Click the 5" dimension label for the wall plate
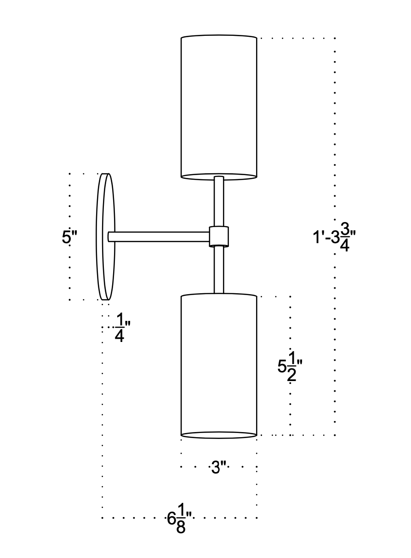69,238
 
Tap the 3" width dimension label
219,468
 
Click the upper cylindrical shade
218,106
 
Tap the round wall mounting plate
105,237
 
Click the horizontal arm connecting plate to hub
161,236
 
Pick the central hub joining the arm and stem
219,236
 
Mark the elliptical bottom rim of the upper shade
218,177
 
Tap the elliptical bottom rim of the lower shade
218,434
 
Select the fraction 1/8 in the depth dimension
181,518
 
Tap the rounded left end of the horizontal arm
110,236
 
